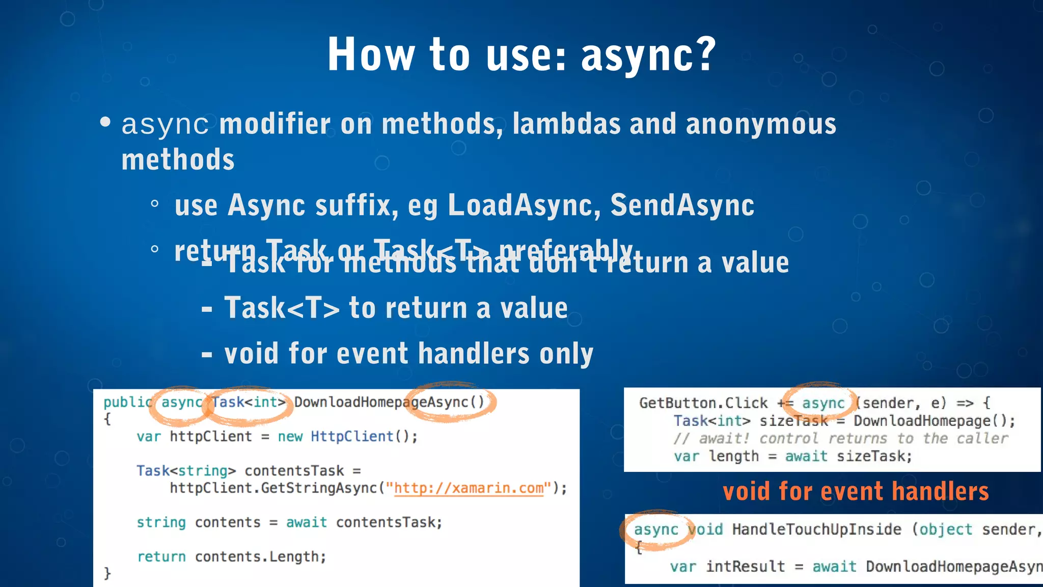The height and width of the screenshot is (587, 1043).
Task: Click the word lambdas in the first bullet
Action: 566,124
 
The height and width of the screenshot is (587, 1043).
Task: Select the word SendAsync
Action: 682,205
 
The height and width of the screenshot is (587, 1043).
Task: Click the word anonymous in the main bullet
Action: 761,124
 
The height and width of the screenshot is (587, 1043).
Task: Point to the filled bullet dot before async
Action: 105,122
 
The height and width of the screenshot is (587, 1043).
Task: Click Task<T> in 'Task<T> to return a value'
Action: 282,308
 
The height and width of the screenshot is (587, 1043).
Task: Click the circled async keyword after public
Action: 181,403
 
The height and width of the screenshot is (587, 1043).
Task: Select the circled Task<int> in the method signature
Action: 249,403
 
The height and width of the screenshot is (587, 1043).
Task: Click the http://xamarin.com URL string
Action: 469,488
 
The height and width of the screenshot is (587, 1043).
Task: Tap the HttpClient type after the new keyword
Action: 351,437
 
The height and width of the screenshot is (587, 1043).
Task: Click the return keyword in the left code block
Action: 161,557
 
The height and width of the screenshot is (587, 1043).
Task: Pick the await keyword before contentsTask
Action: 306,523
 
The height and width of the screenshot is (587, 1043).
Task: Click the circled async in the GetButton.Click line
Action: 822,404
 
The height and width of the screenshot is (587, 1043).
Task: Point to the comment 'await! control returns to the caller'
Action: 840,439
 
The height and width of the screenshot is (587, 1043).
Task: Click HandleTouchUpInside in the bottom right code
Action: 816,530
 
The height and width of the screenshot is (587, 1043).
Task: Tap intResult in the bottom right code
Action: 745,567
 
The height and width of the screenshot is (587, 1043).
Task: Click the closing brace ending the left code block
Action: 107,573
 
